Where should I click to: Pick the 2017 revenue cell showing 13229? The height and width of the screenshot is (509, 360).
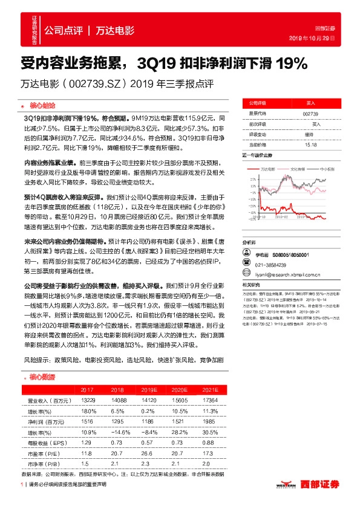pyautogui.click(x=87, y=400)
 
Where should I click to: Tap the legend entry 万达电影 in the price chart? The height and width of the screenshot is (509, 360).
pyautogui.click(x=268, y=169)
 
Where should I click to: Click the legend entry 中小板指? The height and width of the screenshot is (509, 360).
pyautogui.click(x=328, y=169)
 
